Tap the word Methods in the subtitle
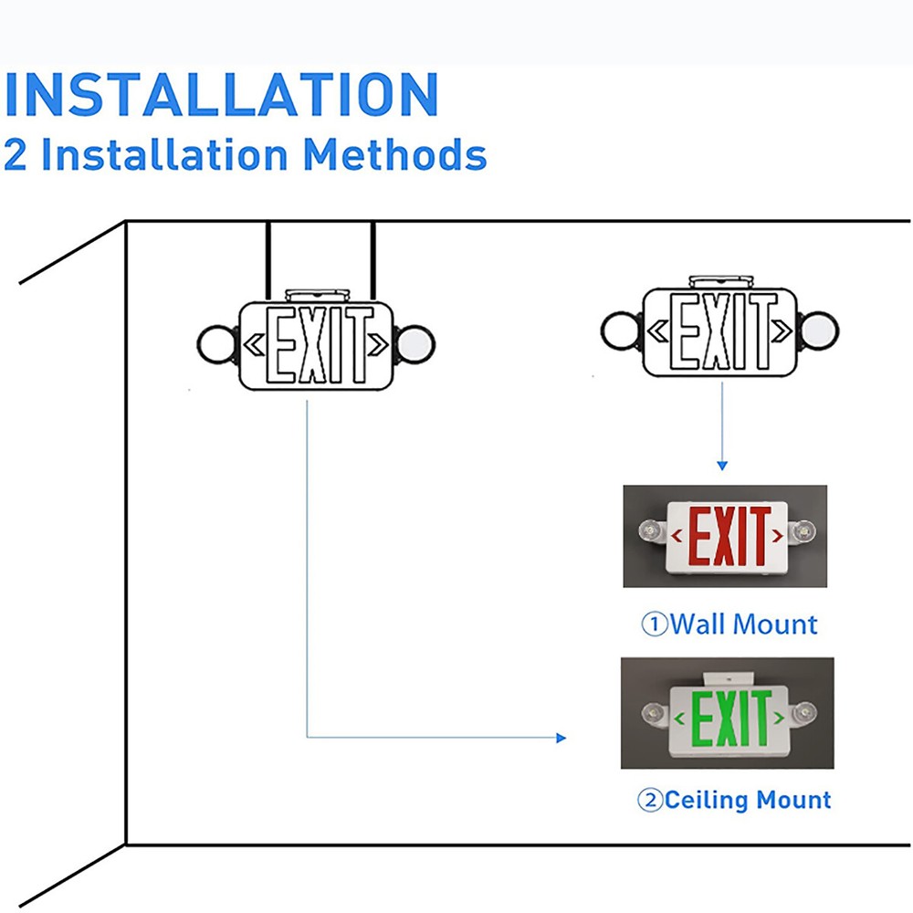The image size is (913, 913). pos(394,154)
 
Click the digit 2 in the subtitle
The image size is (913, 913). pos(16,154)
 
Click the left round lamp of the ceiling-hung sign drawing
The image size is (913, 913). pos(216,344)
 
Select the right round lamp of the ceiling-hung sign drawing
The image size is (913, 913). pos(415,344)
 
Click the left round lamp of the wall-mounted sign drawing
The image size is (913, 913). pos(622,329)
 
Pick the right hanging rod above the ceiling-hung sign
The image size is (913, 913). pos(374,261)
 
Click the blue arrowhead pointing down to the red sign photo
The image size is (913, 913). pos(722,466)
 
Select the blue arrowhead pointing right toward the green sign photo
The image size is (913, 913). pos(561,738)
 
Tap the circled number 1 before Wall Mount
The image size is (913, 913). pos(655,625)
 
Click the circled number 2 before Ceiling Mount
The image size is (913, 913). pos(649,802)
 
